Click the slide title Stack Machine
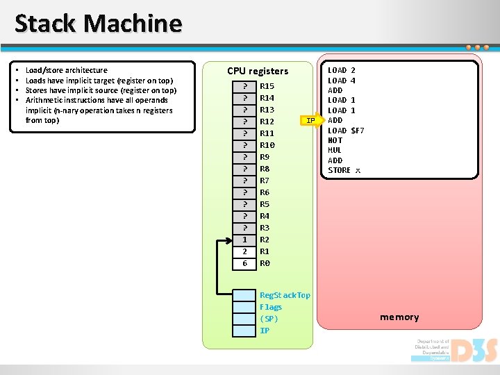98,24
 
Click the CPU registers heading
258,71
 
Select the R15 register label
267,86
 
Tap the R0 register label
265,263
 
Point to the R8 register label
265,169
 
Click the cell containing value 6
244,263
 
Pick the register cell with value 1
244,240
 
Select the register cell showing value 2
244,251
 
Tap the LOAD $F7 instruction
346,131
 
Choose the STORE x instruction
344,170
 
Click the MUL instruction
335,150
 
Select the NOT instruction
335,140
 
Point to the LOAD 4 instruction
341,81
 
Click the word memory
399,317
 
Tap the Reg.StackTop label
285,295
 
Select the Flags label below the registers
271,307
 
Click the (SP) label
269,319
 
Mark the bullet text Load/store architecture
66,70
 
